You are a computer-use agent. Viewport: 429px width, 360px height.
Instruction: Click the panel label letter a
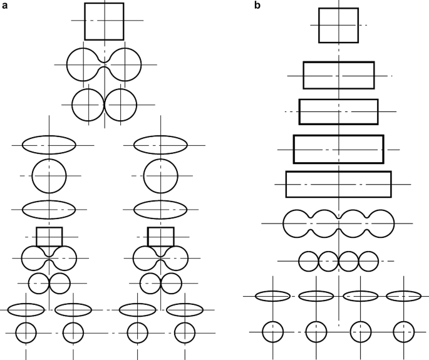tap(6, 6)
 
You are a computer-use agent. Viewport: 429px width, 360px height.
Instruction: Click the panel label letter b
tap(257, 6)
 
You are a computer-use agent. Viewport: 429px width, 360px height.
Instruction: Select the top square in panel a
tap(104, 21)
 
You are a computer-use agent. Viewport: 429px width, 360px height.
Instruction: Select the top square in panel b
tap(338, 25)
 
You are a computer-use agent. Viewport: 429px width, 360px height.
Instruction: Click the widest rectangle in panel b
tap(338, 184)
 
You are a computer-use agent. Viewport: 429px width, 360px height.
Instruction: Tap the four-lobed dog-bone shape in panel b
tap(338, 224)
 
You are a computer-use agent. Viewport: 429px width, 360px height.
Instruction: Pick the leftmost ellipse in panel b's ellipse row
tap(272, 296)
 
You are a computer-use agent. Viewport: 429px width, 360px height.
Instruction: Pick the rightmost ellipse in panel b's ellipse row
tap(403, 296)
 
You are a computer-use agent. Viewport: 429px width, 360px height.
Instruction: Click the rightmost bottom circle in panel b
tap(403, 331)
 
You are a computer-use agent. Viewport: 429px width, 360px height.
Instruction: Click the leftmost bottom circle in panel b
tap(273, 331)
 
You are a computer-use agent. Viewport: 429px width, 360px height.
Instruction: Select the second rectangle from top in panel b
tap(339, 76)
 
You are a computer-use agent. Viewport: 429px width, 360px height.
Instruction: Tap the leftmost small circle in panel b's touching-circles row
tap(309, 260)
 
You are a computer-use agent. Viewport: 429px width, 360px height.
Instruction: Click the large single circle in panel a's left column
tap(49, 176)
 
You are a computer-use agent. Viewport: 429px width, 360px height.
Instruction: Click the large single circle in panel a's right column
tap(161, 176)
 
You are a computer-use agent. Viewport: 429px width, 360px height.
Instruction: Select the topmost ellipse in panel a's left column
tap(49, 145)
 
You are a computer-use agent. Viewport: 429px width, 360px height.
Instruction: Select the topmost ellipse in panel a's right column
tap(161, 145)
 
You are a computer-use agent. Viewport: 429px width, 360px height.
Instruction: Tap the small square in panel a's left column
tap(49, 237)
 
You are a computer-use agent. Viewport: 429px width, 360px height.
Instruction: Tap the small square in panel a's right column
tap(161, 237)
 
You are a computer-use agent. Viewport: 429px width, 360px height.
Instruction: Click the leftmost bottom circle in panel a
tap(26, 332)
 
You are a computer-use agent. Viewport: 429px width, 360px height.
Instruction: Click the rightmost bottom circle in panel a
tap(185, 332)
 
